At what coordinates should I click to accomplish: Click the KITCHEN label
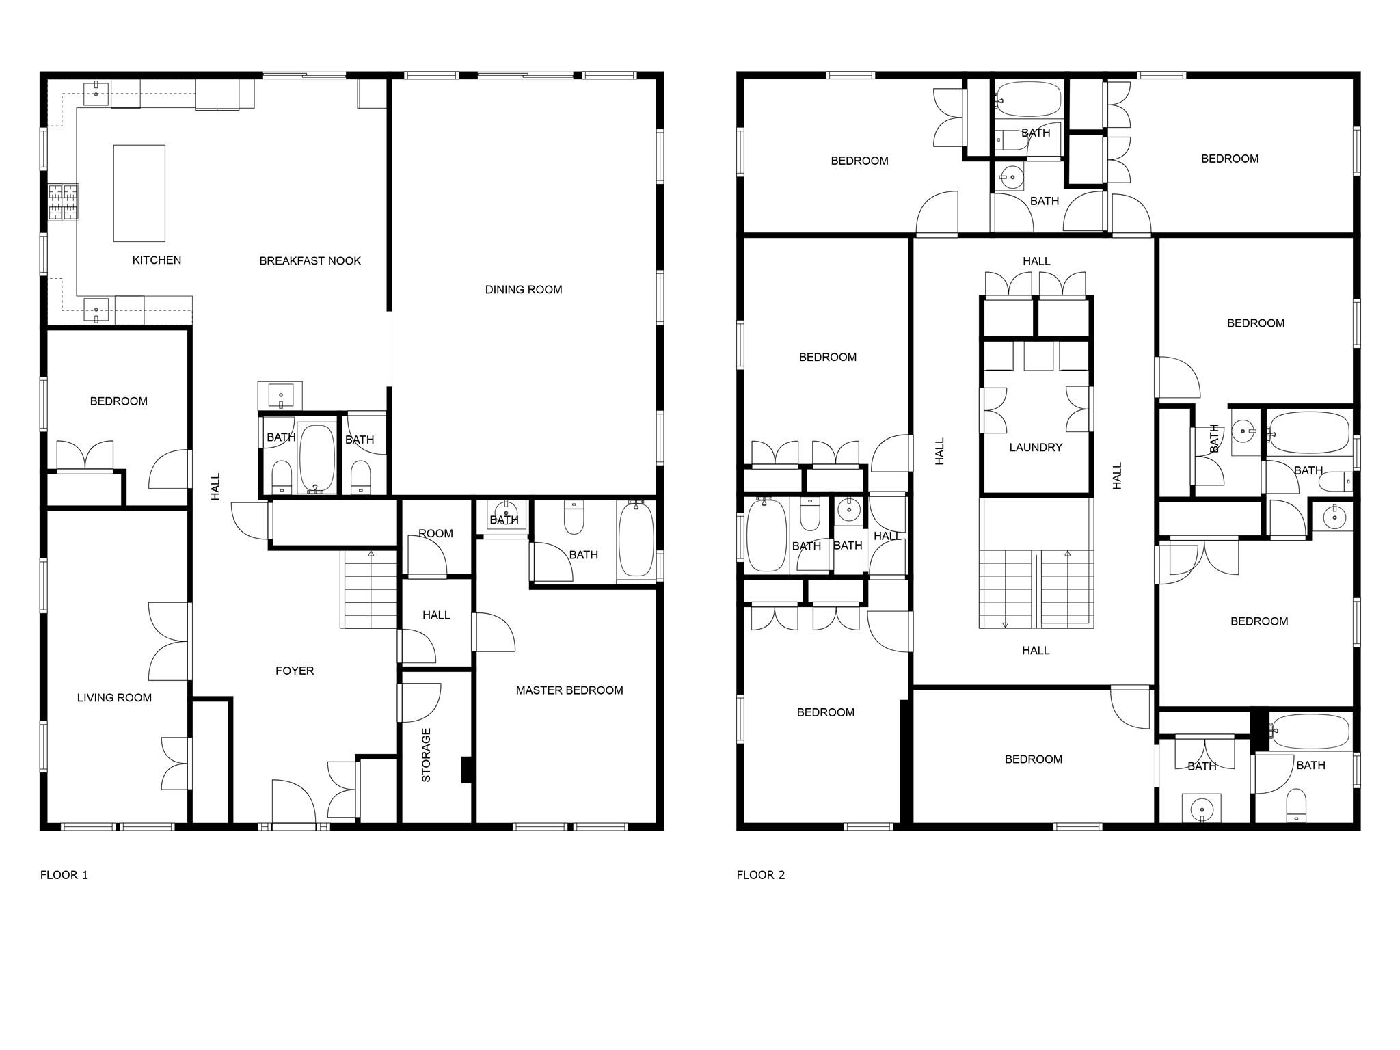pyautogui.click(x=157, y=260)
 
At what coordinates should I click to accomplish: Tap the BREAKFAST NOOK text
pyautogui.click(x=310, y=260)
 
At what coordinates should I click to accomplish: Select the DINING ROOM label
pyautogui.click(x=524, y=289)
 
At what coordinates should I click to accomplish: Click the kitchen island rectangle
pyautogui.click(x=139, y=193)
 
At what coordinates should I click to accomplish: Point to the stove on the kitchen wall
pyautogui.click(x=63, y=202)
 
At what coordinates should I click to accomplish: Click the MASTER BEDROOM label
pyautogui.click(x=569, y=690)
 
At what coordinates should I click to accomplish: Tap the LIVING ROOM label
pyautogui.click(x=114, y=697)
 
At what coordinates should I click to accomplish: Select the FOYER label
pyautogui.click(x=295, y=671)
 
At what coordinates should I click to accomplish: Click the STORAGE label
pyautogui.click(x=426, y=755)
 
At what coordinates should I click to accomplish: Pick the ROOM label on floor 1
pyautogui.click(x=435, y=533)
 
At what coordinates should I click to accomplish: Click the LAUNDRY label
pyautogui.click(x=1036, y=447)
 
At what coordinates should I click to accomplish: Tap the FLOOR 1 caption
pyautogui.click(x=64, y=875)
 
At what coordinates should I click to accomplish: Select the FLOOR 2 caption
pyautogui.click(x=761, y=875)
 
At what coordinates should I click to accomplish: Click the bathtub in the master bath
pyautogui.click(x=636, y=539)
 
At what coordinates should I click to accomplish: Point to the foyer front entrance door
pyautogui.click(x=294, y=803)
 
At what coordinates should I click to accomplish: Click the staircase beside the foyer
pyautogui.click(x=368, y=590)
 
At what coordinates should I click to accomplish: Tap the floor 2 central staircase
pyautogui.click(x=1036, y=589)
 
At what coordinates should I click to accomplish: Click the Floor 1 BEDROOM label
pyautogui.click(x=119, y=401)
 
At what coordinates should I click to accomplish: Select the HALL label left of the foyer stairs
pyautogui.click(x=216, y=486)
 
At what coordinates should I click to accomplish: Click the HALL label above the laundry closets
pyautogui.click(x=1036, y=261)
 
